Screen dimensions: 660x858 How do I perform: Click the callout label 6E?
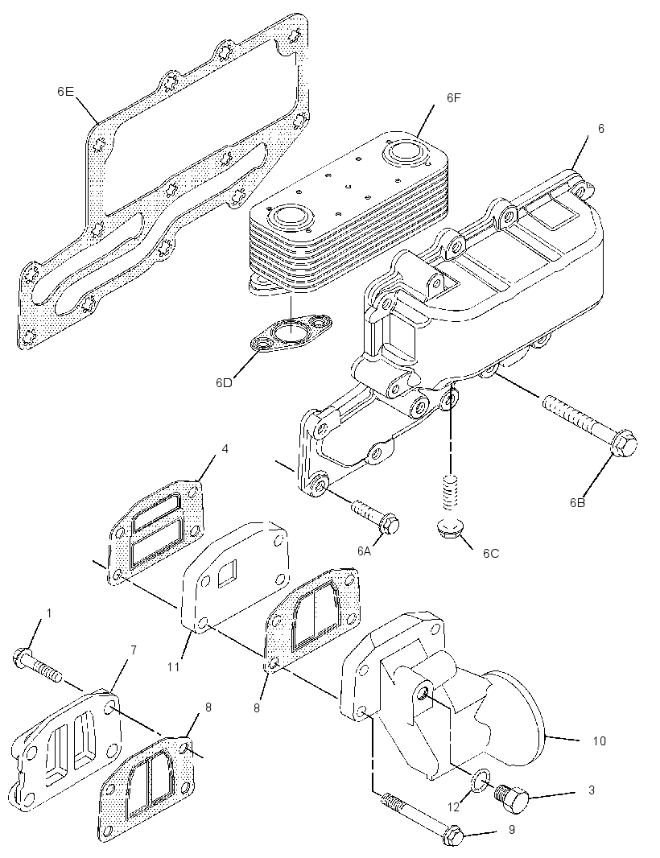point(65,92)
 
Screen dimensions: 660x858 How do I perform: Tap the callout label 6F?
point(454,98)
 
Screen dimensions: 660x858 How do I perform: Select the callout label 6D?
point(223,382)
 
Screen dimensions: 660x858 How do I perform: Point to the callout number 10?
point(600,741)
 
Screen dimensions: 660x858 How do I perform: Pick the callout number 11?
point(174,666)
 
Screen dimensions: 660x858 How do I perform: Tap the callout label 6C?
point(491,553)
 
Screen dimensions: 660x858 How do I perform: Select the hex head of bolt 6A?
point(389,524)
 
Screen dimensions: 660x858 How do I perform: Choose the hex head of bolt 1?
point(21,657)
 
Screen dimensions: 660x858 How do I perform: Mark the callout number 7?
point(133,650)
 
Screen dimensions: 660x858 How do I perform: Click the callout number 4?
point(225,448)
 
